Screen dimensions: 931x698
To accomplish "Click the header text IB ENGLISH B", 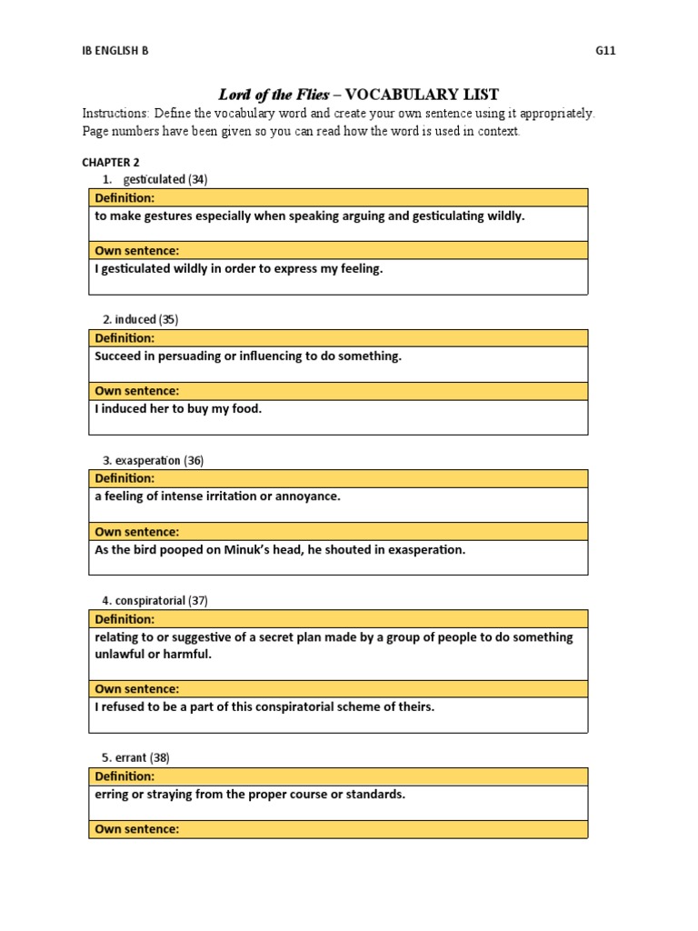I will click(x=115, y=51).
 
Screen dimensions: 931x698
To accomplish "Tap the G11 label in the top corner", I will click(x=605, y=51).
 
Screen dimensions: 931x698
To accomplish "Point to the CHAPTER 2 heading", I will click(x=110, y=162).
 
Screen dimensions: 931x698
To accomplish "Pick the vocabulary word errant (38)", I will click(x=142, y=758).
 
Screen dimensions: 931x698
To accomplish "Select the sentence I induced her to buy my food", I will click(x=178, y=409).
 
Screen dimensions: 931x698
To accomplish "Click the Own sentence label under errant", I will click(x=137, y=829).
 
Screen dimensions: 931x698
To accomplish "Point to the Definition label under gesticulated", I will click(x=125, y=197).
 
